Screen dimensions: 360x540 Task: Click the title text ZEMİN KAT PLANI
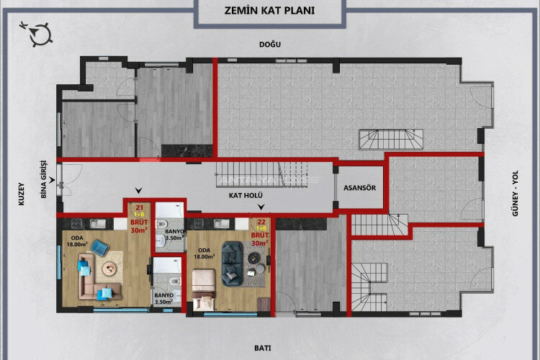[x=269, y=12]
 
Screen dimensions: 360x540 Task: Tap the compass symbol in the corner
[x=38, y=32]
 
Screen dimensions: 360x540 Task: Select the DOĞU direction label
[x=270, y=45]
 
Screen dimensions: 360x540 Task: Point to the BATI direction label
[x=263, y=348]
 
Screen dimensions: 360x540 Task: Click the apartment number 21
[x=138, y=207]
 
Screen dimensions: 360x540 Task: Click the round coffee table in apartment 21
[x=109, y=270]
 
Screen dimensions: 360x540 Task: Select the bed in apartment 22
[x=204, y=284]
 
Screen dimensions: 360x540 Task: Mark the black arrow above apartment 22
[x=261, y=207]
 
